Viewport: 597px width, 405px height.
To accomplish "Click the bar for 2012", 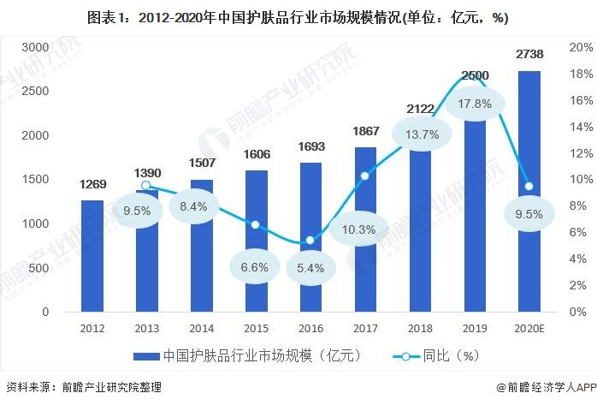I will [x=93, y=256].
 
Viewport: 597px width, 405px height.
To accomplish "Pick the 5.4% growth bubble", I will [x=310, y=267].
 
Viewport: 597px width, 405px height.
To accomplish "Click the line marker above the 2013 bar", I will [x=146, y=185].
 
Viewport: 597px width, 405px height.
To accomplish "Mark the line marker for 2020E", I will [x=529, y=186].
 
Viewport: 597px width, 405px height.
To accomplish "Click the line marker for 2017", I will [x=365, y=176].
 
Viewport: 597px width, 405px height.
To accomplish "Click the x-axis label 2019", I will [x=475, y=329].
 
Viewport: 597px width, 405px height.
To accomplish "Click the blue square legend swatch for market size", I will [x=146, y=355].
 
